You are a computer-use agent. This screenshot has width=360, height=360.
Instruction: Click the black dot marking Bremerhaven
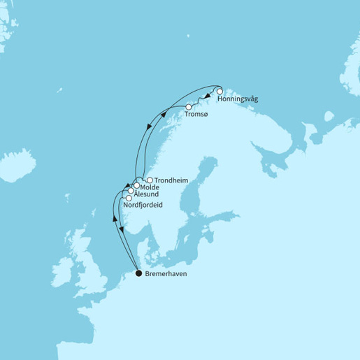pos(138,273)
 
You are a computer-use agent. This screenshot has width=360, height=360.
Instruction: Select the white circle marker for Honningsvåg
pos(219,92)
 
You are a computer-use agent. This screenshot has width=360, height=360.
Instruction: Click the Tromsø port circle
pos(189,106)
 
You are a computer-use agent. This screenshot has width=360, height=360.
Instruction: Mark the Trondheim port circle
pos(150,180)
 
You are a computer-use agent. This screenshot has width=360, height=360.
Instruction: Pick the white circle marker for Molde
pos(136,186)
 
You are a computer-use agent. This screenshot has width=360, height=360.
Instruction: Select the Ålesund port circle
pos(131,191)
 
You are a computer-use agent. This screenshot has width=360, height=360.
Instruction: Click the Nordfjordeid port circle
pos(128,198)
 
